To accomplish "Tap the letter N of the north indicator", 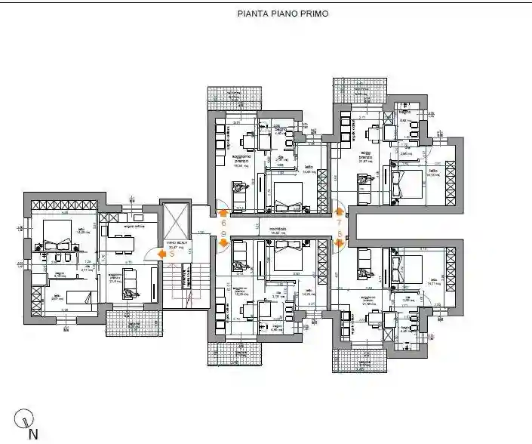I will tap(32, 434).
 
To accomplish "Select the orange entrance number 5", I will tap(172, 254).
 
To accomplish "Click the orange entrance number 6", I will tap(223, 223).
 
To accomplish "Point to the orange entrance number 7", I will tap(339, 223).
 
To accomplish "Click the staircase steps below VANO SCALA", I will tap(179, 279).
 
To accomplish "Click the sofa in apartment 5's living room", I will tap(131, 282).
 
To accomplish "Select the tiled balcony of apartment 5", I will tap(132, 323).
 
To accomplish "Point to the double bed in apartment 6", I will tap(286, 196).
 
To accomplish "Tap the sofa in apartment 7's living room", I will tap(362, 190).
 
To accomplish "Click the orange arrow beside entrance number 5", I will tap(160, 254).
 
